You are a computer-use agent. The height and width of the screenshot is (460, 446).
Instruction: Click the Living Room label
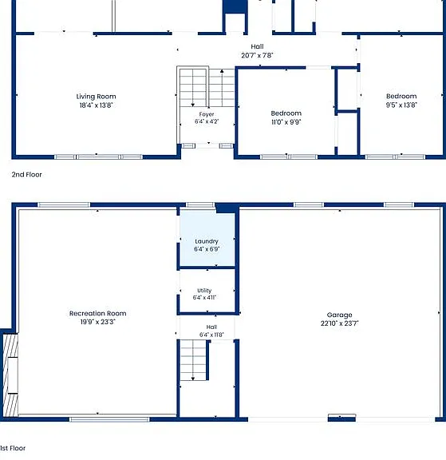(96, 96)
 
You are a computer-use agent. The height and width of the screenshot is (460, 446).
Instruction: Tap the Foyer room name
(207, 114)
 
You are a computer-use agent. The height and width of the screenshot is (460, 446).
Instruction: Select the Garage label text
(339, 315)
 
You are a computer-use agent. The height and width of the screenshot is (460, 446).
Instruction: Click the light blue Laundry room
(207, 239)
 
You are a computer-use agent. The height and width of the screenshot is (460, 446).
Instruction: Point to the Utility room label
(204, 291)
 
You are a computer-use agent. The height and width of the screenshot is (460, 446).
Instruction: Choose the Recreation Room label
(98, 313)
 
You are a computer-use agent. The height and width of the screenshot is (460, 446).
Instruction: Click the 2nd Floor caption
(26, 175)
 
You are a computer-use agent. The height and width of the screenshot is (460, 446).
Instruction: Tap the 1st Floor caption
(13, 448)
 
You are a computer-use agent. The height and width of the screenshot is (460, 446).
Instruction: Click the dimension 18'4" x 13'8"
(96, 105)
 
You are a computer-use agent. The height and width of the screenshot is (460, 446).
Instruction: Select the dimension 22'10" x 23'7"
(339, 323)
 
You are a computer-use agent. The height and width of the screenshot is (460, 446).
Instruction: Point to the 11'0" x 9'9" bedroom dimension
(286, 122)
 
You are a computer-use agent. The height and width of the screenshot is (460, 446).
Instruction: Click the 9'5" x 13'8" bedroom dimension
(401, 105)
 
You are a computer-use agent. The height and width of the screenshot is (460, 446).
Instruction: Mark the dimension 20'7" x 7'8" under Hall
(257, 55)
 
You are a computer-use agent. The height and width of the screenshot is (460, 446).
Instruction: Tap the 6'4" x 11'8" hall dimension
(211, 335)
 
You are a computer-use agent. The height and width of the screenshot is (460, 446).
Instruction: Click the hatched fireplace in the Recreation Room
(11, 375)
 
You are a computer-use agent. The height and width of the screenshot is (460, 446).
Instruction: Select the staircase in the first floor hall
(193, 360)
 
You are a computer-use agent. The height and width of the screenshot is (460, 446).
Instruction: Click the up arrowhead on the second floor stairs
(222, 71)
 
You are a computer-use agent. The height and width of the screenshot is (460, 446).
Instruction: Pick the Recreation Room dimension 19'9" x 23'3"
(98, 322)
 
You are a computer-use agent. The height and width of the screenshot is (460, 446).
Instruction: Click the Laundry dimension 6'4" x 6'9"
(207, 249)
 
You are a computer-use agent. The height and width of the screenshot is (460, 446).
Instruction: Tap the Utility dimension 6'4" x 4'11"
(204, 297)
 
